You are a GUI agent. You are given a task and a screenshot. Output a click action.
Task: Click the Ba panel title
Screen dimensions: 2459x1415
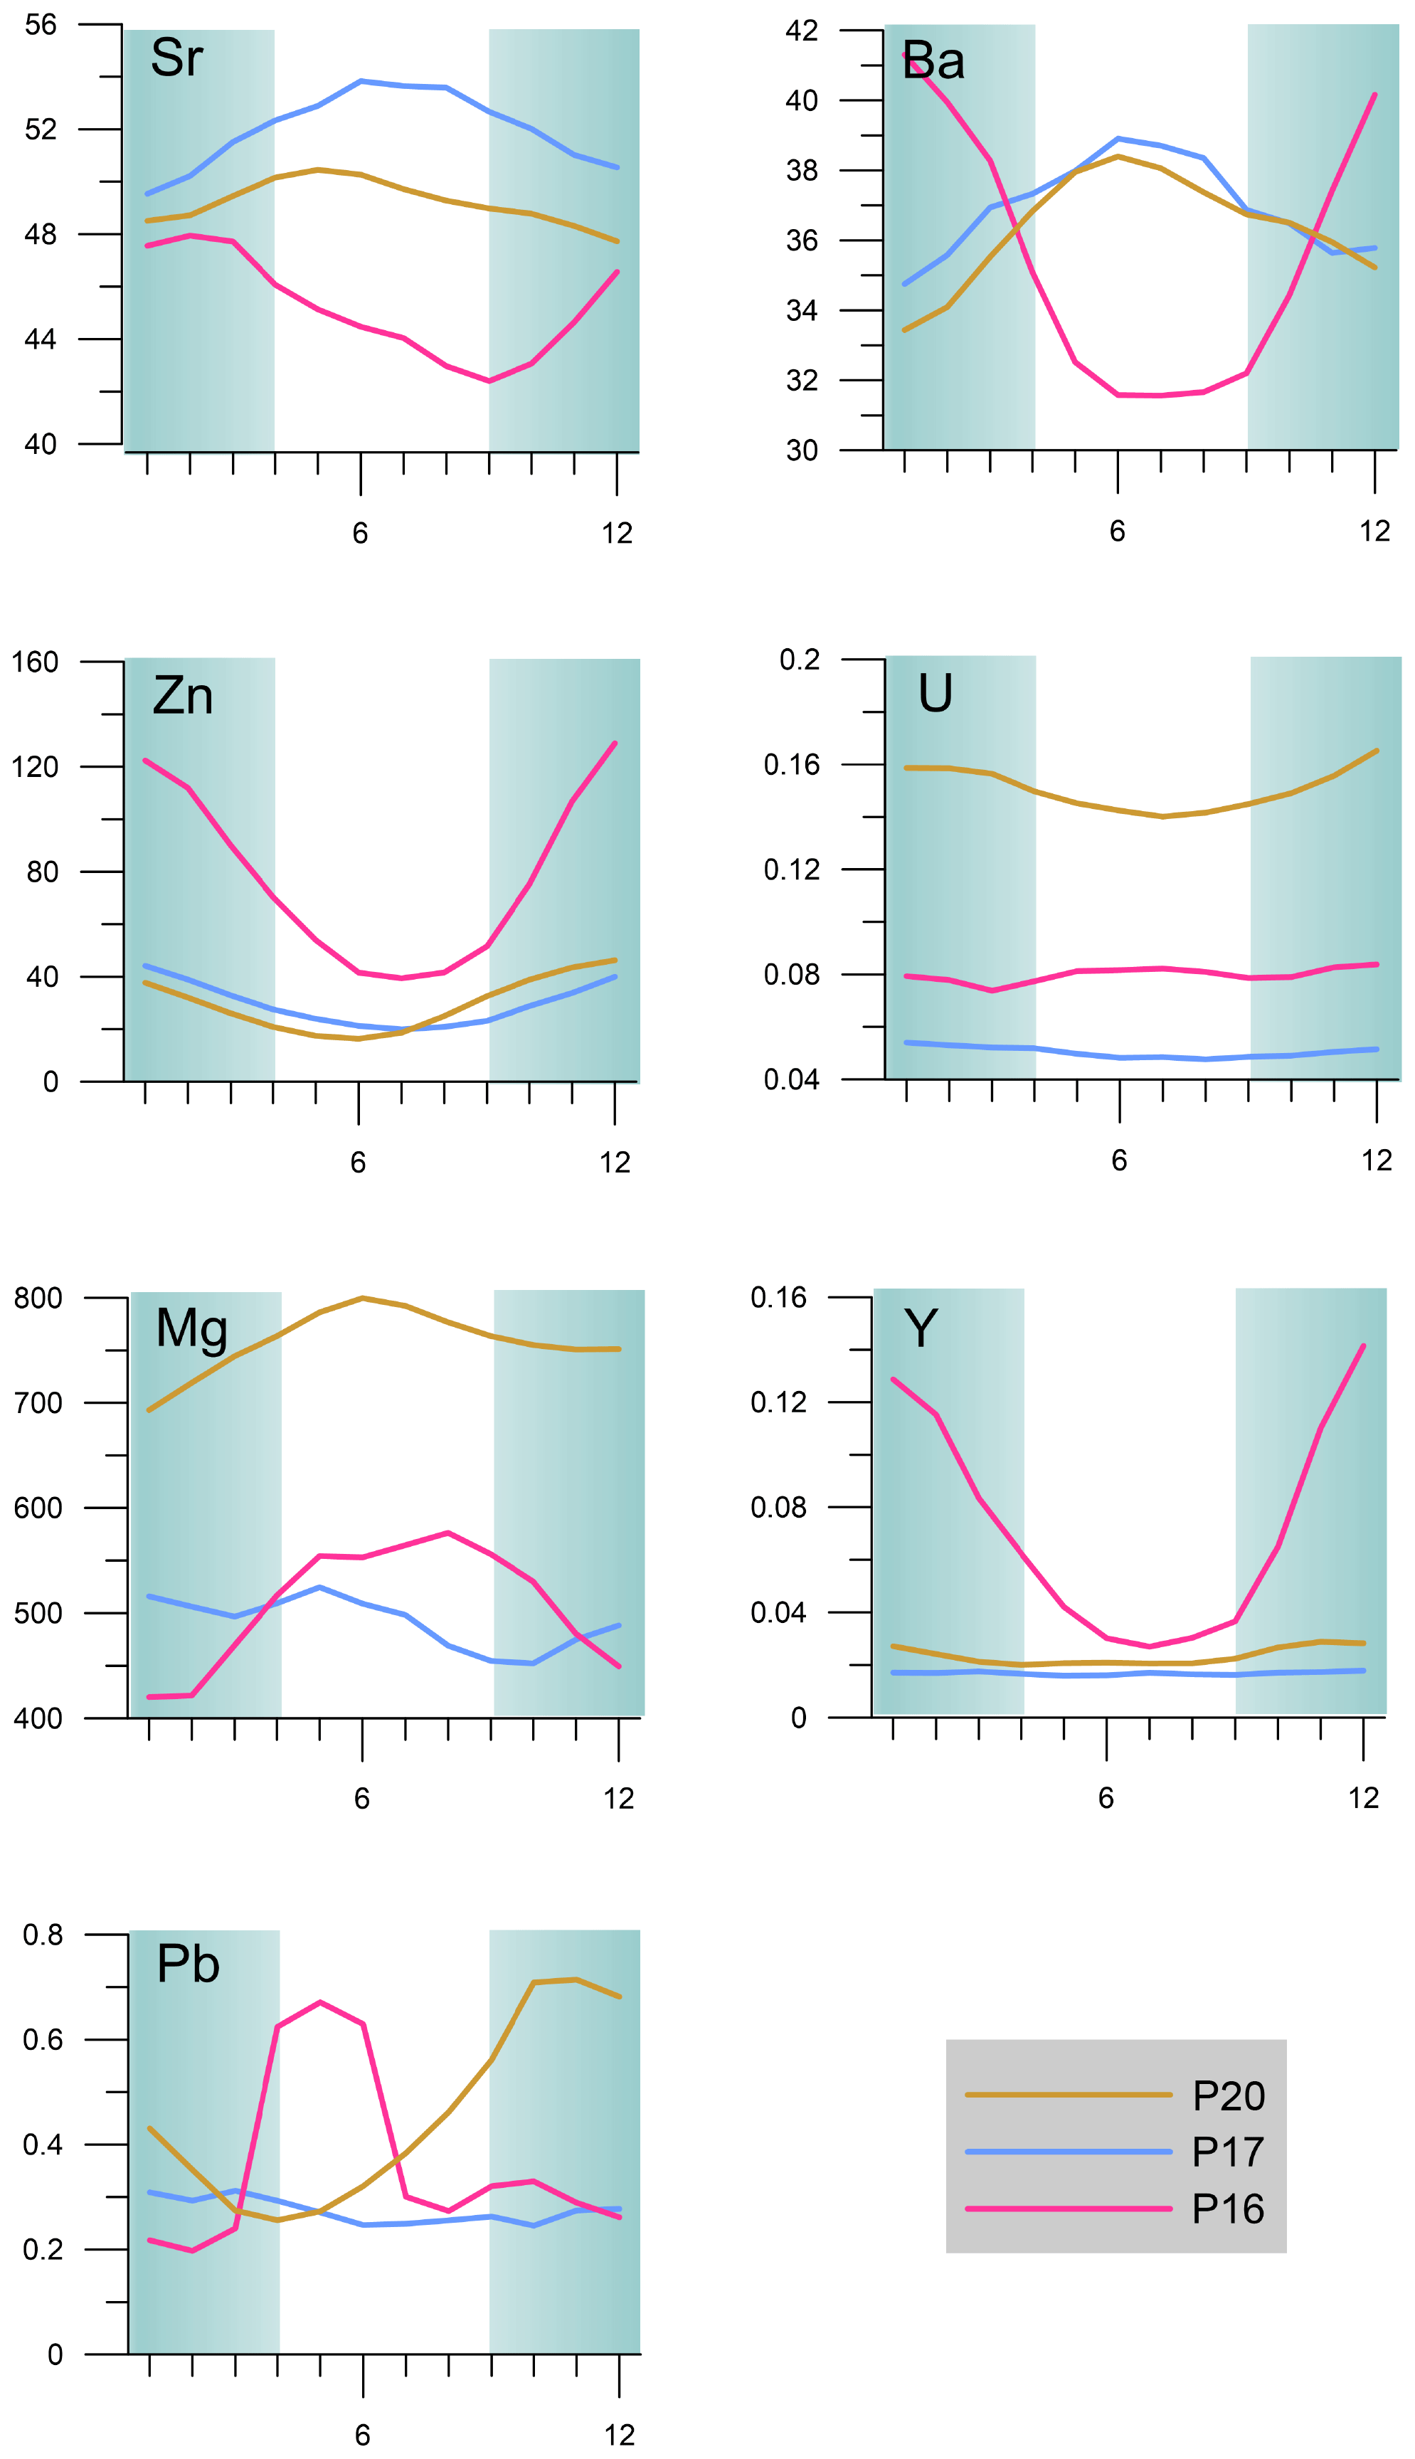pyautogui.click(x=933, y=61)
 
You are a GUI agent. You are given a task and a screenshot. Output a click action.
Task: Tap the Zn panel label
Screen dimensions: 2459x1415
pyautogui.click(x=183, y=696)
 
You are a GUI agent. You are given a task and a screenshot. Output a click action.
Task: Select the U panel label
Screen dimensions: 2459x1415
pyautogui.click(x=935, y=694)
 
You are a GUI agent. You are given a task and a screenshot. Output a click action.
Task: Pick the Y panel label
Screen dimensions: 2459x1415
pyautogui.click(x=921, y=1328)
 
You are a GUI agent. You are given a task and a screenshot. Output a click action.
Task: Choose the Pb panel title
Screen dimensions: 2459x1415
pyautogui.click(x=188, y=1964)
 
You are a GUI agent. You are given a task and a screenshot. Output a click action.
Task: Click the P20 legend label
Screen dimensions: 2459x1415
pyautogui.click(x=1229, y=2096)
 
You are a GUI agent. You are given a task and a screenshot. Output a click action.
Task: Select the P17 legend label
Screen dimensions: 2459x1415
pyautogui.click(x=1229, y=2153)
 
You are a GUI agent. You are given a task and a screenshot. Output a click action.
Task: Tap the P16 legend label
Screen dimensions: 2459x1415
pyautogui.click(x=1229, y=2209)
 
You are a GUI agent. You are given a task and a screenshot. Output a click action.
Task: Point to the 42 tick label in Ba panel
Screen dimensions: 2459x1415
pyautogui.click(x=802, y=31)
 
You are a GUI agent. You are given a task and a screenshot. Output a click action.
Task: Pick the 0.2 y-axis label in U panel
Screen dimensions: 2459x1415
pyautogui.click(x=800, y=660)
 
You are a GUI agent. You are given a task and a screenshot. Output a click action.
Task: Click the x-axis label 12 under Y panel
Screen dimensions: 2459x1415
pyautogui.click(x=1364, y=1798)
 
